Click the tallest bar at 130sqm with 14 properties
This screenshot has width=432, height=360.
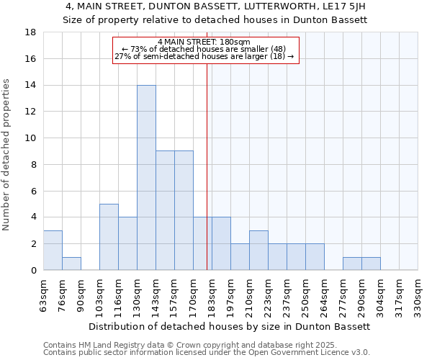point(146,177)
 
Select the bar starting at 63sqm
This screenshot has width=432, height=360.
point(53,250)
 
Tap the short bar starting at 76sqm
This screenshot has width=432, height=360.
point(71,264)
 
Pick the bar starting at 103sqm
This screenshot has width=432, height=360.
point(109,237)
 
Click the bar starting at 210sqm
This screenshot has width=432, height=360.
point(258,250)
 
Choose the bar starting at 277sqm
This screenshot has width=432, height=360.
point(352,264)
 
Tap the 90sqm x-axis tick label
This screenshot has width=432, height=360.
point(81,295)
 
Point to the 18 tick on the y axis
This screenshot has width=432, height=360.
point(30,32)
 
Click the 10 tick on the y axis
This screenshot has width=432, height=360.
point(30,138)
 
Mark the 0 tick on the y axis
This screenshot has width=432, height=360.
point(33,270)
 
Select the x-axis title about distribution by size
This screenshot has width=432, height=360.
point(230,326)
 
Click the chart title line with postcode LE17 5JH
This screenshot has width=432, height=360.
point(215,6)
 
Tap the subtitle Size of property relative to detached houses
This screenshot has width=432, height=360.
point(215,20)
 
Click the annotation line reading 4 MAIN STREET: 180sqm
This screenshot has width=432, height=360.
point(204,42)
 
